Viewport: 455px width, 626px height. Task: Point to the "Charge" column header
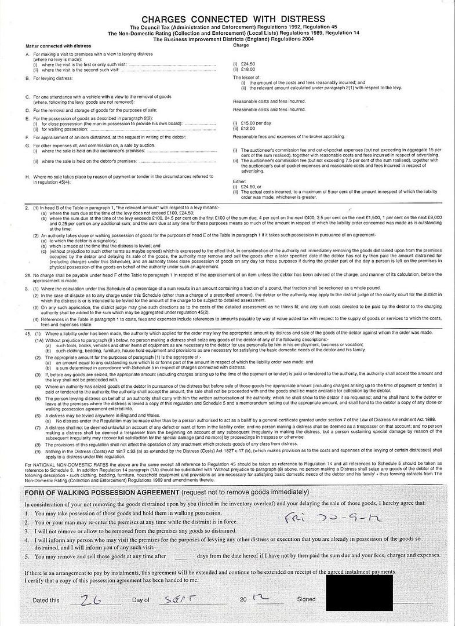click(241, 45)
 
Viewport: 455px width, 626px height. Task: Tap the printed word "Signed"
click(305, 599)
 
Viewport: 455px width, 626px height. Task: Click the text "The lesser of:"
click(245, 77)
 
